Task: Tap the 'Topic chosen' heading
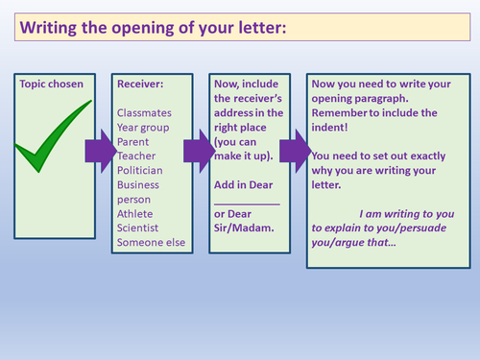[x=52, y=84]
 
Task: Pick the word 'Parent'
[x=134, y=142]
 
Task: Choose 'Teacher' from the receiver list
[x=137, y=156]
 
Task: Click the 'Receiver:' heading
[x=140, y=84]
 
